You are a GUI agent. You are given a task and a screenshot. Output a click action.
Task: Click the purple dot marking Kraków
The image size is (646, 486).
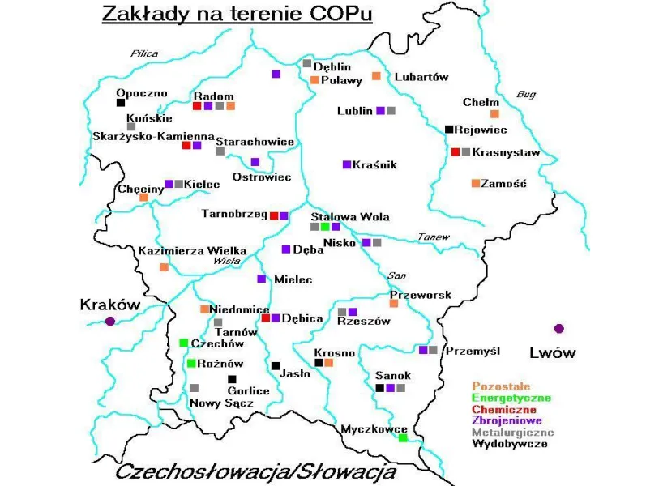click(110, 322)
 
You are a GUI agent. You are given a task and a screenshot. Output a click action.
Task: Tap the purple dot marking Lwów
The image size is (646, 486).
click(558, 328)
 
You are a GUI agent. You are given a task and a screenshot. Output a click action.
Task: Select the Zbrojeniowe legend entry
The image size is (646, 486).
click(507, 420)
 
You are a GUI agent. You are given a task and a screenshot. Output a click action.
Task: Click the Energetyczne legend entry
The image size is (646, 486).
click(511, 398)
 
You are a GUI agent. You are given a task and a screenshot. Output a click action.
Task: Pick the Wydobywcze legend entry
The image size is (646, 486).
click(509, 444)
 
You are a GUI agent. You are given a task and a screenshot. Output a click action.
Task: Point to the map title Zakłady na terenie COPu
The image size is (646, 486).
click(237, 15)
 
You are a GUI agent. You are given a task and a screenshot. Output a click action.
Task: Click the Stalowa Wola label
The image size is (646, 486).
click(350, 216)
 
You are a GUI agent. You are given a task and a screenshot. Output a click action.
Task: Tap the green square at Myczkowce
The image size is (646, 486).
click(403, 438)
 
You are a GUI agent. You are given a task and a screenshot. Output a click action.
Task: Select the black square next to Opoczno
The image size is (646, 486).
click(121, 103)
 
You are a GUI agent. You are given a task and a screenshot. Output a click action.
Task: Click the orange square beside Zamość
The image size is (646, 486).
click(476, 183)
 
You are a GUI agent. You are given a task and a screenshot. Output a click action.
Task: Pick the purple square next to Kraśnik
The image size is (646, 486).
click(347, 164)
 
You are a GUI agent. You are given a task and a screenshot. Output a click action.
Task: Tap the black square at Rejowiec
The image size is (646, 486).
click(449, 129)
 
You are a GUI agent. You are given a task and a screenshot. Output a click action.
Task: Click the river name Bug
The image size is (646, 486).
click(526, 94)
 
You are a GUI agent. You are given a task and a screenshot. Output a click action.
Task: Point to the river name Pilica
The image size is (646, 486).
click(144, 53)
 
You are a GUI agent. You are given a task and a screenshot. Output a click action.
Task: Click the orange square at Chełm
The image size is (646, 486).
click(494, 113)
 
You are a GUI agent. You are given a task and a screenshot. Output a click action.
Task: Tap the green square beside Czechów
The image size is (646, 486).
click(184, 343)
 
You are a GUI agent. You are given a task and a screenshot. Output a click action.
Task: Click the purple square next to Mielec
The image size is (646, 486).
click(261, 279)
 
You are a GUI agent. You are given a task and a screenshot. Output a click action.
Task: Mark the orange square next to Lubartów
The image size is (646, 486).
click(376, 76)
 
